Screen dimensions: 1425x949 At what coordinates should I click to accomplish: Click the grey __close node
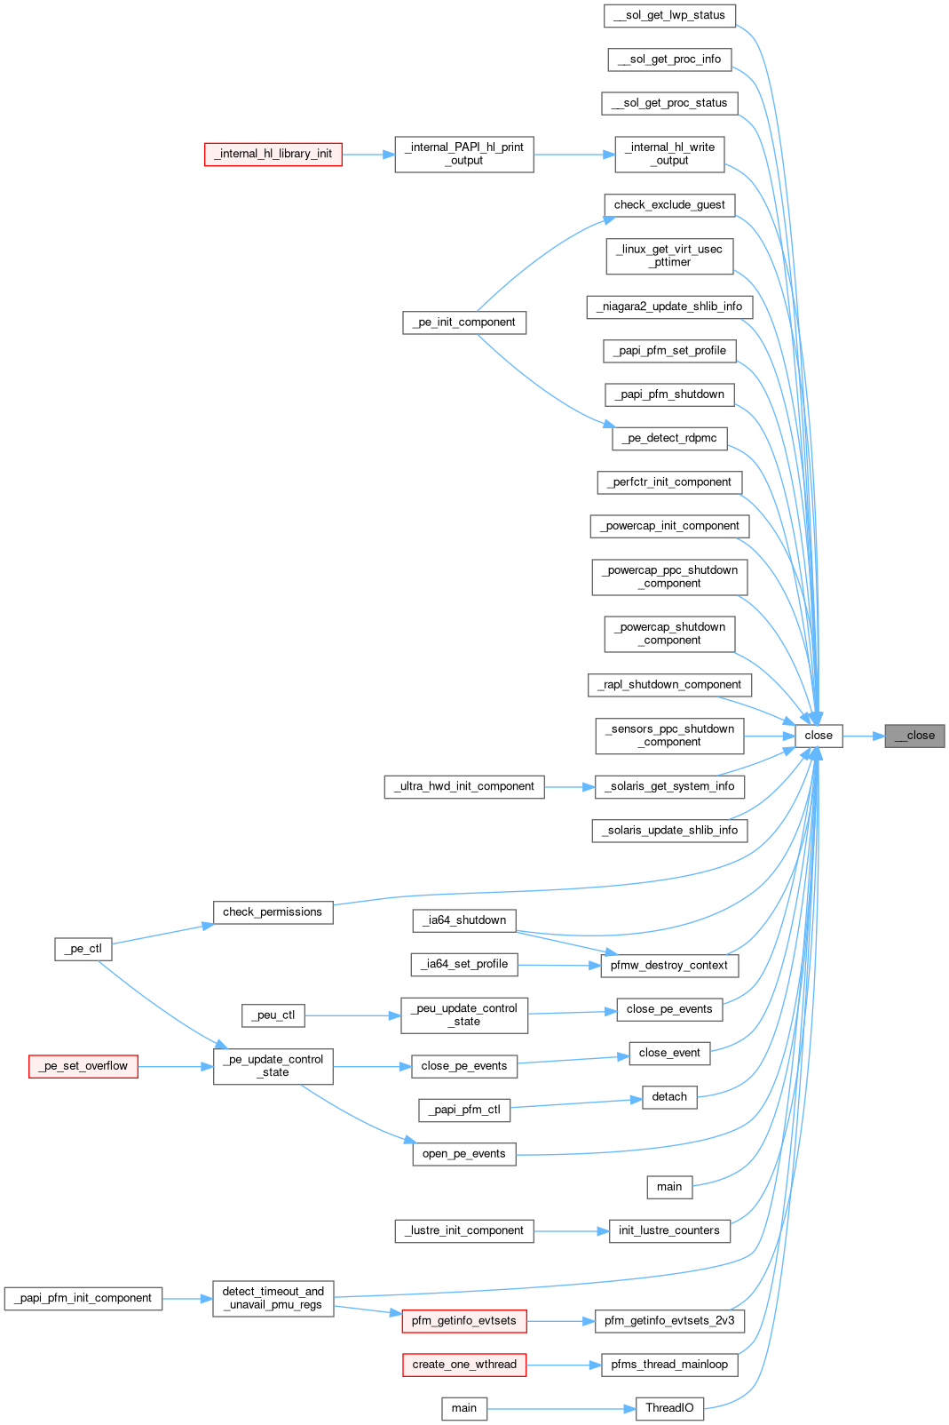(x=914, y=736)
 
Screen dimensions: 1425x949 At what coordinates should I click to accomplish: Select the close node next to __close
(x=819, y=736)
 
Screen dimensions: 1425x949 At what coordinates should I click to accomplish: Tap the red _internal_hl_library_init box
(x=273, y=154)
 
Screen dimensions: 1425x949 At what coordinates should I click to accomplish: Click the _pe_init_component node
(x=464, y=322)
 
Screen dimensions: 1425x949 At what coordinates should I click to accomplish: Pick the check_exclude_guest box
(x=669, y=205)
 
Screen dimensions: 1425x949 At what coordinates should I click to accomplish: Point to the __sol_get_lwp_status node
(x=669, y=15)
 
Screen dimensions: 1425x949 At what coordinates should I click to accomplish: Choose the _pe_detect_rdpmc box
(x=669, y=438)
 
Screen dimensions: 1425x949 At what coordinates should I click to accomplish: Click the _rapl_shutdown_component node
(x=669, y=685)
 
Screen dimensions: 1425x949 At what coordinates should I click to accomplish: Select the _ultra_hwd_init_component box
(x=464, y=786)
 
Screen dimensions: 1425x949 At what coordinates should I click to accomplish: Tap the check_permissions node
(x=273, y=912)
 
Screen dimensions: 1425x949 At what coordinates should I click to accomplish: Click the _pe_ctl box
(x=83, y=949)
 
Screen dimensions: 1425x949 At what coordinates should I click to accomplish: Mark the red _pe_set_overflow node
(x=83, y=1066)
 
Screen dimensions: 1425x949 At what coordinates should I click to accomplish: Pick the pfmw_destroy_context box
(x=669, y=966)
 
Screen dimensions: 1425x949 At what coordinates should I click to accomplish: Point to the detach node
(x=669, y=1097)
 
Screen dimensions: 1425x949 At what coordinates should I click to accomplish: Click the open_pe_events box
(x=464, y=1154)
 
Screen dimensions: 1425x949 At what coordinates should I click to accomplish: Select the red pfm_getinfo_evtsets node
(x=464, y=1321)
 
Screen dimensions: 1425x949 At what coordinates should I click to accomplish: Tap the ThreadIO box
(x=669, y=1408)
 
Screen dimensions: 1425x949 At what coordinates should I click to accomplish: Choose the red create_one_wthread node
(x=464, y=1365)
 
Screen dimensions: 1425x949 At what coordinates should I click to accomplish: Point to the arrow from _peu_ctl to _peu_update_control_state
(x=352, y=1015)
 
